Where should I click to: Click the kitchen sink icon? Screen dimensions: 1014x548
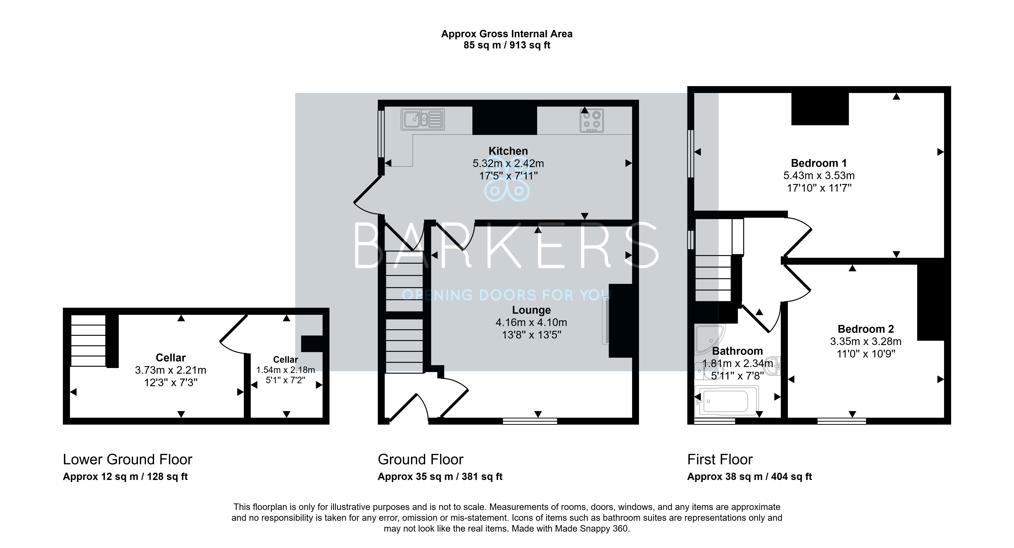click(423, 119)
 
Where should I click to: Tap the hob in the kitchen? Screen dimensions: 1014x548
click(592, 120)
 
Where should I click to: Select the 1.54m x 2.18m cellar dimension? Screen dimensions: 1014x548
click(286, 370)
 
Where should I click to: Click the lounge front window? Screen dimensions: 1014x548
click(530, 421)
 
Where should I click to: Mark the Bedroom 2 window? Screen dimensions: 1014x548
click(842, 421)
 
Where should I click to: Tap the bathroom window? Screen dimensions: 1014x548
click(714, 421)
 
